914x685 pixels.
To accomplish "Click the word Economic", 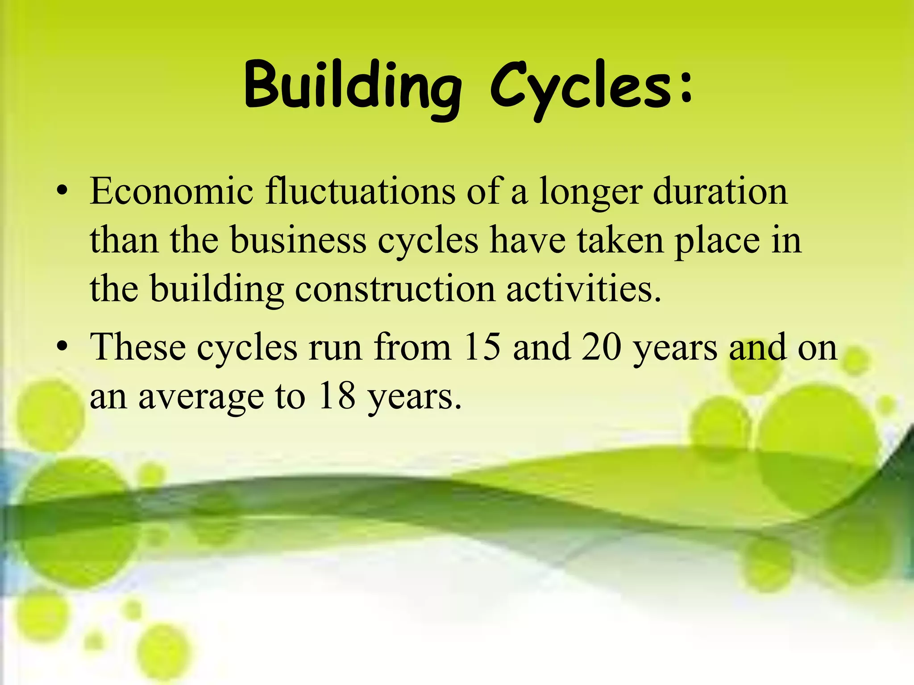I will tap(171, 192).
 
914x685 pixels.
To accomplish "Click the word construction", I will tap(395, 290).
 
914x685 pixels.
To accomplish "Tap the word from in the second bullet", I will tap(413, 347).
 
